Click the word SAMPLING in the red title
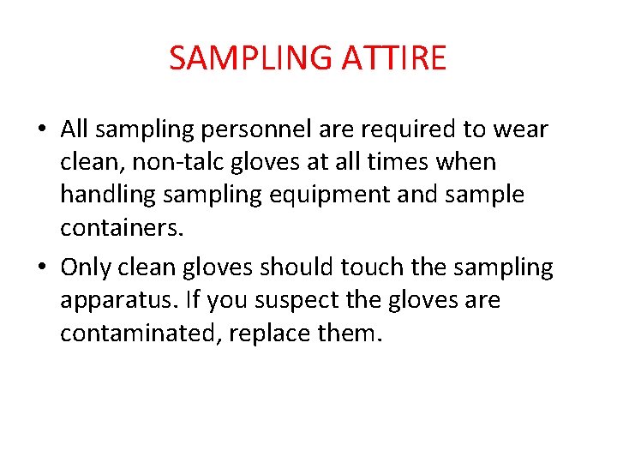coord(249,58)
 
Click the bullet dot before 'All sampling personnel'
coord(41,130)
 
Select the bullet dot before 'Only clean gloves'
coord(41,268)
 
